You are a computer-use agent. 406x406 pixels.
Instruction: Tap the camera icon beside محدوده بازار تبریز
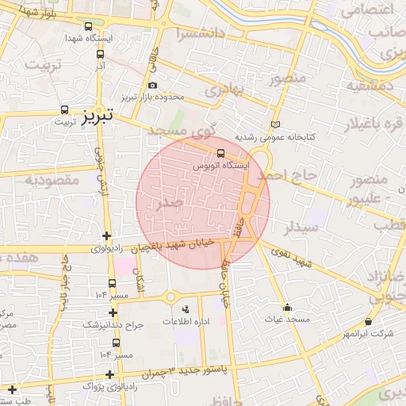pos(152,86)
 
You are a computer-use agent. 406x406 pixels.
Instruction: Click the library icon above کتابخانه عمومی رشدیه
pos(275,124)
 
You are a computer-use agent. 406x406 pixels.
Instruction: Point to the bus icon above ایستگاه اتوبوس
pos(220,154)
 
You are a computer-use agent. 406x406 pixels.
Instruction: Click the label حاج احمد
pos(293,174)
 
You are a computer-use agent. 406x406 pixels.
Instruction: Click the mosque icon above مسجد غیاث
pos(286,307)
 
